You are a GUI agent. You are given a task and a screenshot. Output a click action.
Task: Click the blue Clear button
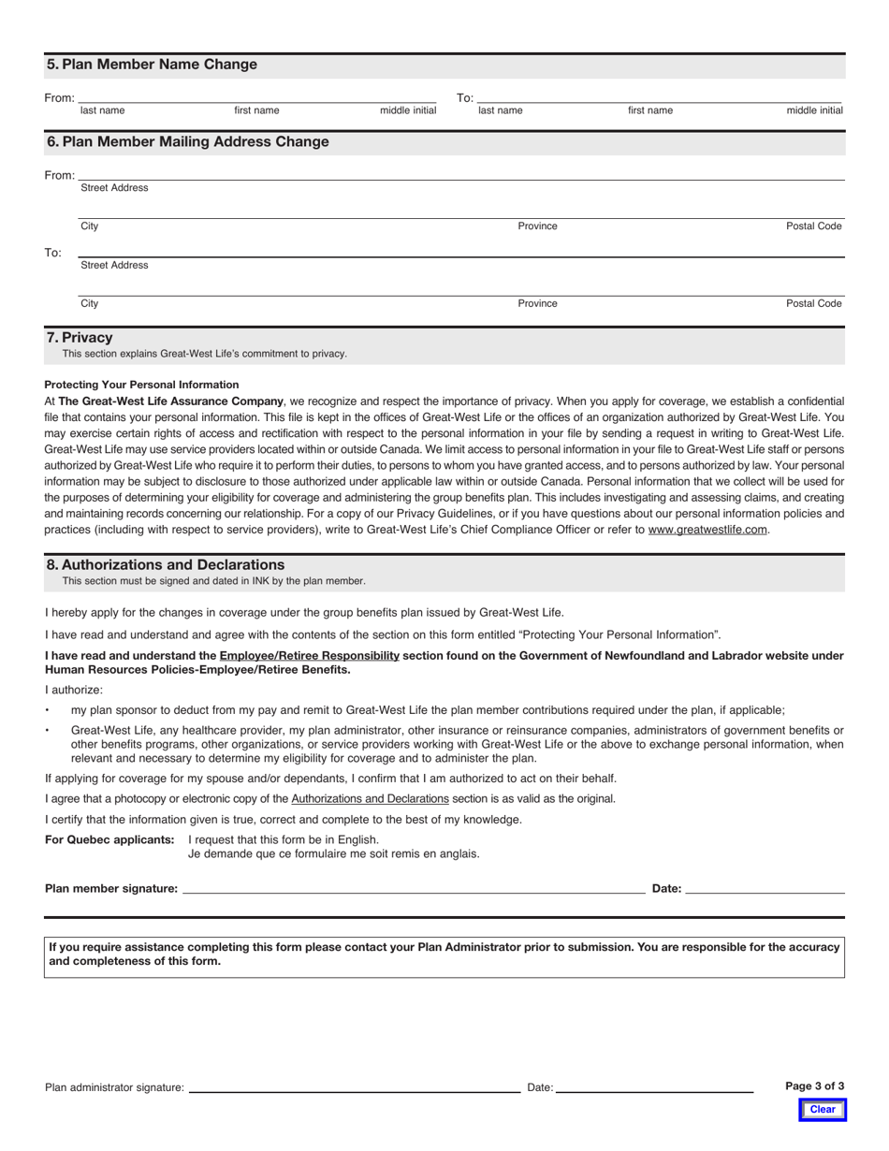(x=822, y=1110)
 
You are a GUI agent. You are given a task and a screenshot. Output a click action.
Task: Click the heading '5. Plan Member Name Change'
(x=152, y=65)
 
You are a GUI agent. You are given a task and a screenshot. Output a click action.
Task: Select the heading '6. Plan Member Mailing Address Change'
(x=187, y=142)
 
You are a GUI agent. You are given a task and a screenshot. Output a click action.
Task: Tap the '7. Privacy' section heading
(x=80, y=337)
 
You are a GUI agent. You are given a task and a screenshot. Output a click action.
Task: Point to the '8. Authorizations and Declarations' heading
(x=166, y=565)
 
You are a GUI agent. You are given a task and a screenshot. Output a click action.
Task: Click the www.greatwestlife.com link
(x=707, y=530)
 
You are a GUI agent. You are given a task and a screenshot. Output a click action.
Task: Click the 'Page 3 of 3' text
(x=814, y=1086)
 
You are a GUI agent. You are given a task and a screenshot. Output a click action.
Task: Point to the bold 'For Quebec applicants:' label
(x=109, y=839)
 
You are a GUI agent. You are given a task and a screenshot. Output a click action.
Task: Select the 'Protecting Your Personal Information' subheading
(x=141, y=385)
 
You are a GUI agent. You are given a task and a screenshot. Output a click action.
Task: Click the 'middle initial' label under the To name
(x=814, y=110)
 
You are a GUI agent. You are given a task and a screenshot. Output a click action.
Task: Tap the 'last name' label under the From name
(x=102, y=110)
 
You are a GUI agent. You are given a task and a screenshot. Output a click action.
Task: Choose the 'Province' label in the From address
(x=537, y=226)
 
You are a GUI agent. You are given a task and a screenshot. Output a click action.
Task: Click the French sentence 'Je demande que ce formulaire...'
(x=333, y=853)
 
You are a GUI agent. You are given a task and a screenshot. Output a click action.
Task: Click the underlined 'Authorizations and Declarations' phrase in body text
(x=370, y=799)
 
